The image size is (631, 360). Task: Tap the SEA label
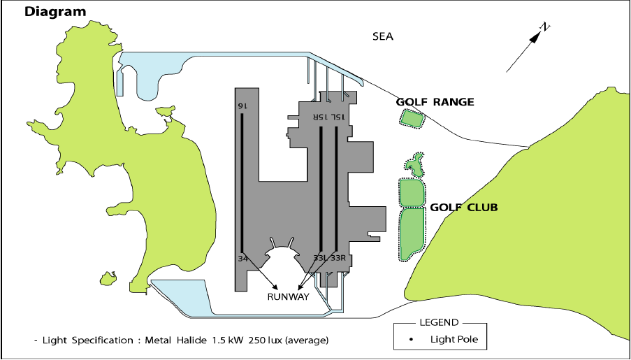(383, 36)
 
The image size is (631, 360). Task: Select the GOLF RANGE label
(435, 102)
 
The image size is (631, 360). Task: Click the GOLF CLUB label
(463, 208)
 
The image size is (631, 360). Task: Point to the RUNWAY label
(289, 296)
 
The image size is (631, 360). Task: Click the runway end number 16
(242, 106)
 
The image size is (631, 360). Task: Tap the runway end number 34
(242, 259)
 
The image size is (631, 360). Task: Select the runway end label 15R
(319, 116)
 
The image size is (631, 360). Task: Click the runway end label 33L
(320, 259)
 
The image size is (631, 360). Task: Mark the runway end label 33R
(338, 259)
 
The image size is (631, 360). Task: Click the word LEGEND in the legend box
(438, 322)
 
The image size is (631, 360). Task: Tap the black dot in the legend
(412, 340)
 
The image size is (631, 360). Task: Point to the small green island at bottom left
(108, 279)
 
